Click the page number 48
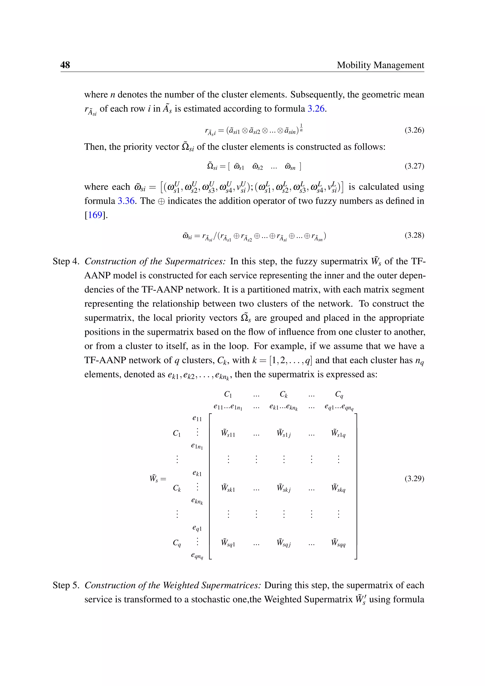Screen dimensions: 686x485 [x=65, y=65]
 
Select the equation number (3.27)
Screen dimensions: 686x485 [x=414, y=166]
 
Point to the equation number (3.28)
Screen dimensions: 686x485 [x=414, y=235]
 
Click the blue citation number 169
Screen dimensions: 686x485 [x=95, y=215]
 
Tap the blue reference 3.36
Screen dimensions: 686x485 [x=126, y=201]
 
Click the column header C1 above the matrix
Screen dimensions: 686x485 [x=228, y=394]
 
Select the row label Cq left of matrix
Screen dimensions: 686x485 [x=177, y=543]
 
